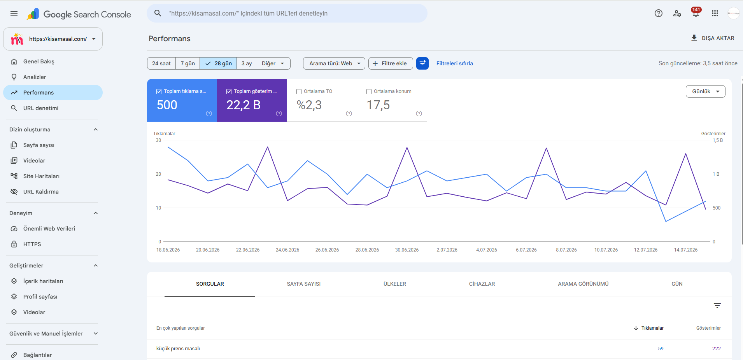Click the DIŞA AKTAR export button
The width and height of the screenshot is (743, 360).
point(712,38)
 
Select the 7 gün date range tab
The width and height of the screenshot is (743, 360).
point(188,63)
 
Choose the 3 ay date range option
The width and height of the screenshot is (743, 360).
point(247,63)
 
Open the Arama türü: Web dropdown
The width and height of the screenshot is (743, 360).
point(334,63)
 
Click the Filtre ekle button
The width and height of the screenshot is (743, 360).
point(391,63)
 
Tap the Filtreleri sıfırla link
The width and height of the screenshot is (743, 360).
point(454,63)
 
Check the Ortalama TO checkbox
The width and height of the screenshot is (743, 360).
point(299,92)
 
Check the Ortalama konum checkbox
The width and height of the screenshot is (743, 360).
point(369,92)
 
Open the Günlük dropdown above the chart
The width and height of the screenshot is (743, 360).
point(705,91)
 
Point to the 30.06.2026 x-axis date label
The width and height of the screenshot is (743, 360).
point(407,250)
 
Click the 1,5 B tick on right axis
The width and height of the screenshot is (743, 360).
point(718,140)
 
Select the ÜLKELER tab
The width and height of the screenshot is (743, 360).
point(394,284)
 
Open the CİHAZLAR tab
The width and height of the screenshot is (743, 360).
point(482,284)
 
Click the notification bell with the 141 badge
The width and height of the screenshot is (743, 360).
point(696,13)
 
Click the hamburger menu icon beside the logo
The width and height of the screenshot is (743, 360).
point(14,13)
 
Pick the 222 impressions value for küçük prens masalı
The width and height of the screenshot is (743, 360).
point(716,349)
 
